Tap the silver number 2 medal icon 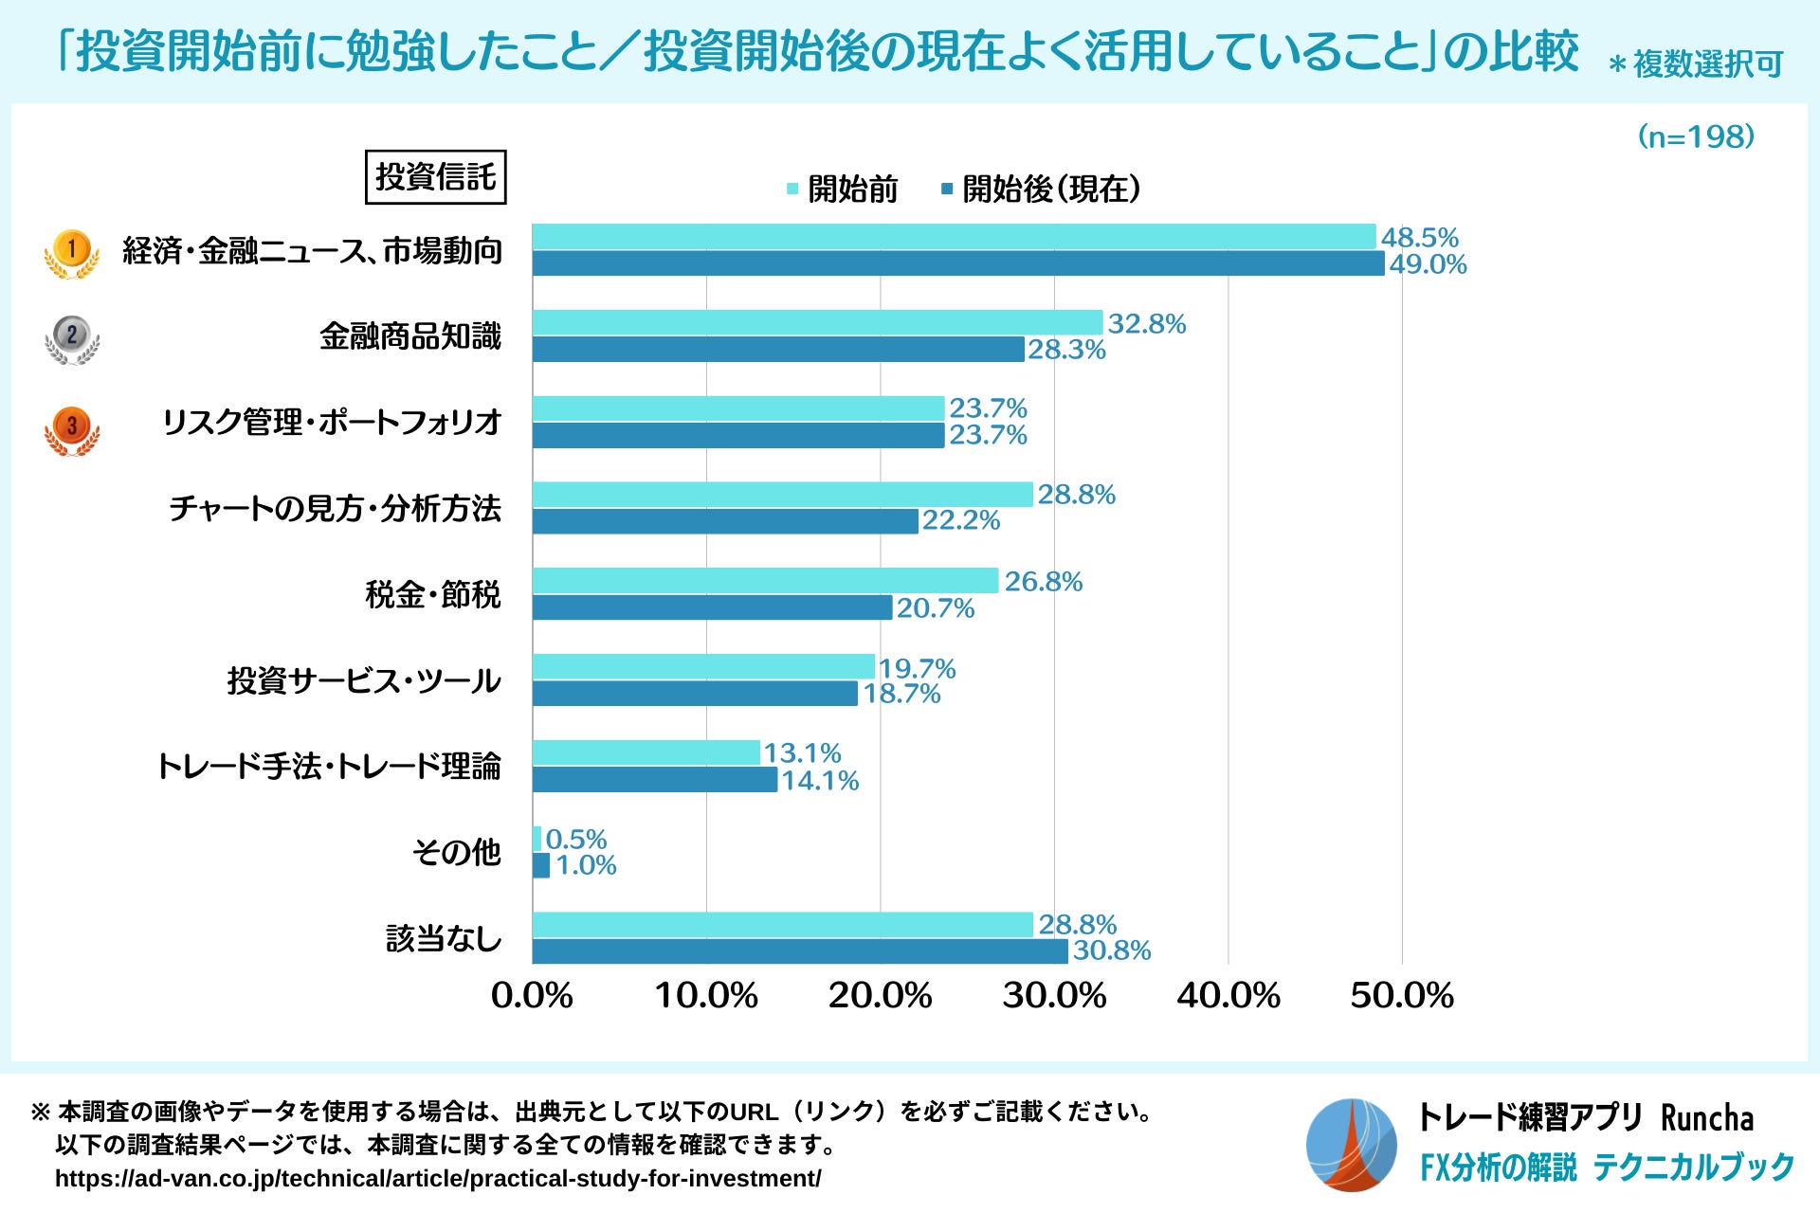coord(72,339)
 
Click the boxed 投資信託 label coord(435,177)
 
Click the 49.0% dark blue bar coord(957,263)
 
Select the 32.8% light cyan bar coord(817,322)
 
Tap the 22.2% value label coord(960,520)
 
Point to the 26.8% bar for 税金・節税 coord(765,581)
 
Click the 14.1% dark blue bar coord(654,780)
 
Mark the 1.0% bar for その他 coord(541,865)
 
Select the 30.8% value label coord(1111,950)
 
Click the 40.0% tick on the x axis coord(1228,996)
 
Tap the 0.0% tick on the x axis coord(532,996)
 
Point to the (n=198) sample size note coord(1696,137)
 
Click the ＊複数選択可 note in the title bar coord(1696,64)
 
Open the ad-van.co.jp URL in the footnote coord(438,1179)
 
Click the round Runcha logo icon coord(1351,1145)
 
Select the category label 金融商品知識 coord(409,336)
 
